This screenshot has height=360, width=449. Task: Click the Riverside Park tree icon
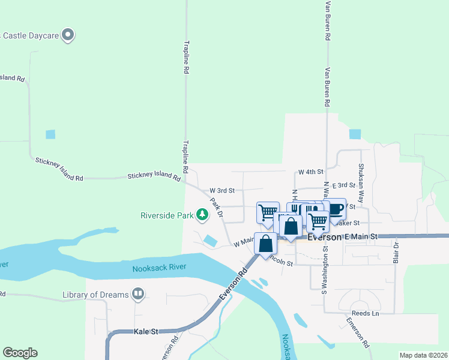point(203,214)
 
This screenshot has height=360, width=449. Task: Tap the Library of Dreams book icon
point(138,294)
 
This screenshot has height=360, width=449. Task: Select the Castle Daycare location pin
point(68,35)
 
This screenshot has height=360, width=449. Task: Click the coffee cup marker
point(334,209)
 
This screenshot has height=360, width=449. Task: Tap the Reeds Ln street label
point(366,314)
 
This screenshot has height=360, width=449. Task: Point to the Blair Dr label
point(396,253)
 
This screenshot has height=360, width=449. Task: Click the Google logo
point(20,353)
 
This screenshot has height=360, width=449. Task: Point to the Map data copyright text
point(423,355)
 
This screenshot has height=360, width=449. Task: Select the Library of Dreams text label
point(95,295)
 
